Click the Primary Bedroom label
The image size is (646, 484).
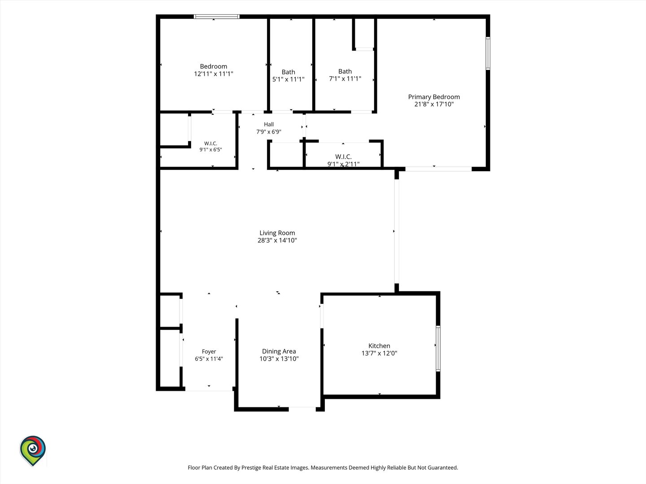pos(434,97)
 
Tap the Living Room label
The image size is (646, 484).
pos(277,233)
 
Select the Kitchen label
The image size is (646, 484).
pos(379,346)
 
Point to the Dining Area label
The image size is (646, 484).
pos(279,351)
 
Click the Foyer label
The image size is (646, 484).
pos(209,351)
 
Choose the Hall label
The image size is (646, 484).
pos(269,124)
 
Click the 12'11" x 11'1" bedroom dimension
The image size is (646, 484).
pos(214,74)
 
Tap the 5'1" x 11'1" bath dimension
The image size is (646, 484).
pos(288,79)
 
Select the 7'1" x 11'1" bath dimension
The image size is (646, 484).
pos(345,78)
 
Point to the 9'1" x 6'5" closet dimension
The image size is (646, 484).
pos(210,150)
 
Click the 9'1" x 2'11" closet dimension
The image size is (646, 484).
pos(344,164)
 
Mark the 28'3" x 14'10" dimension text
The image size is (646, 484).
pos(277,240)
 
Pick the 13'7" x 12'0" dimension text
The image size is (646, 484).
pos(379,353)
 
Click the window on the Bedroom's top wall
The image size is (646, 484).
pos(216,17)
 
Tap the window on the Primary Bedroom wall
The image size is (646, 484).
pos(488,53)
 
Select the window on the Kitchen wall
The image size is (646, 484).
pos(438,349)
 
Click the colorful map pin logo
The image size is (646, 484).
pos(33,450)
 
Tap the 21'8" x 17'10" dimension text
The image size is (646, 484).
pos(434,104)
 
